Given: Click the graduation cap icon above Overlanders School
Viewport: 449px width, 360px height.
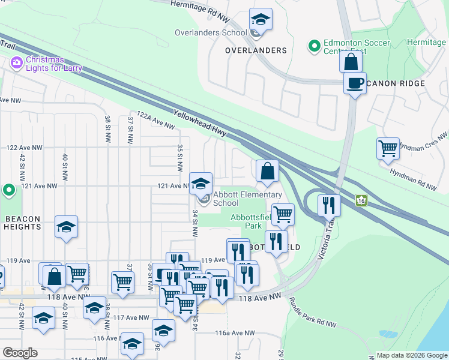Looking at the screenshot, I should [x=261, y=20].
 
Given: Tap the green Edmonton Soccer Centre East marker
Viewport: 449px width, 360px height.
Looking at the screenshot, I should [x=313, y=46].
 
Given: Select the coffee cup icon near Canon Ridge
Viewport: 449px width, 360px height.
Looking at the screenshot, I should [x=355, y=83].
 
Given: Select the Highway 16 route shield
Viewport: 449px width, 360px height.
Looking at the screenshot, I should [x=361, y=199].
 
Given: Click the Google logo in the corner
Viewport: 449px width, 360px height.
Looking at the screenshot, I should [x=20, y=352].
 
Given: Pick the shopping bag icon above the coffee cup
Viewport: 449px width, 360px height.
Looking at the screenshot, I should [x=351, y=62].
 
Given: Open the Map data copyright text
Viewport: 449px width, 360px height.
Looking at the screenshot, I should [x=412, y=355].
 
